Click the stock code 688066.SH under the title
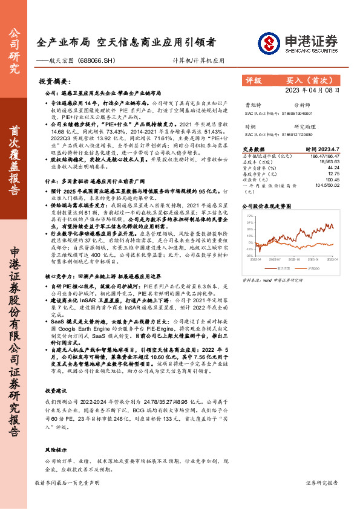pyautogui.click(x=92, y=61)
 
